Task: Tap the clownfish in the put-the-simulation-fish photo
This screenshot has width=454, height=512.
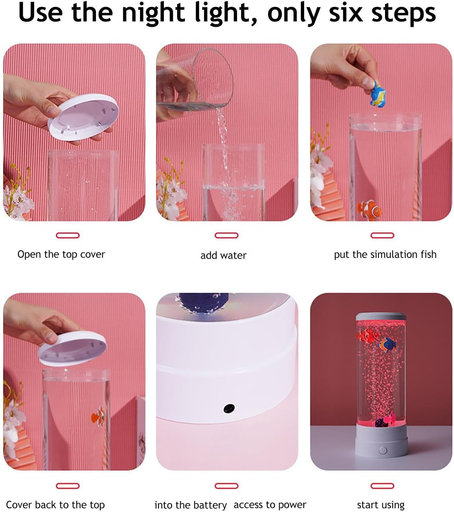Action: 369,209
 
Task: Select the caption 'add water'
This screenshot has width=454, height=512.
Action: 223,255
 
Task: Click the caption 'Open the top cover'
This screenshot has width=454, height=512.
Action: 61,254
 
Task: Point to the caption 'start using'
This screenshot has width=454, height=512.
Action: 381,505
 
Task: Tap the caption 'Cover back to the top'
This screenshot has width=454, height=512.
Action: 55,505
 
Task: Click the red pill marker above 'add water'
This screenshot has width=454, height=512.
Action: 226,235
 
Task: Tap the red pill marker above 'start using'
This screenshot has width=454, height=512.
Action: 382,486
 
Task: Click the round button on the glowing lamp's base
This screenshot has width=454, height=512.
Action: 382,450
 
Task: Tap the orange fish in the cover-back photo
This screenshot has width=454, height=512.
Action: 98,415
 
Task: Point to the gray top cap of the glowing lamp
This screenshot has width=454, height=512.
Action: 381,317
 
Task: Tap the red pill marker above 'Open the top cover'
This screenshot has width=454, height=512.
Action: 68,235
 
